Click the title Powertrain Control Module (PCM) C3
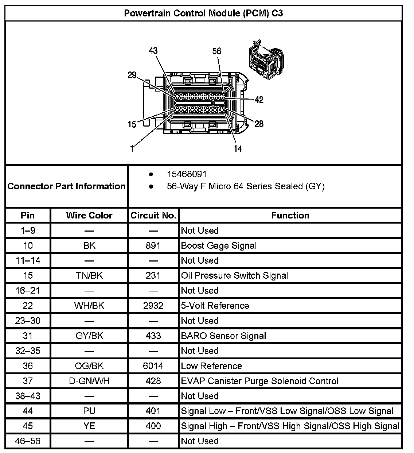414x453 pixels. [x=203, y=13]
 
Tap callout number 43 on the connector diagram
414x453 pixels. [x=153, y=51]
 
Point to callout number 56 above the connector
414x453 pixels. [x=217, y=51]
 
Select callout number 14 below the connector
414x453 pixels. [x=238, y=148]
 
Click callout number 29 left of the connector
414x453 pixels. [x=132, y=75]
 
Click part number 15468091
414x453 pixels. [x=187, y=174]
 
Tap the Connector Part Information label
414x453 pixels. [x=66, y=186]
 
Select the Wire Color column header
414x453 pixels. [x=89, y=216]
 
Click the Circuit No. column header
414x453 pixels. [x=153, y=216]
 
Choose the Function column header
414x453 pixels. [x=290, y=216]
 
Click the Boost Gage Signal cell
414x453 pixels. [x=219, y=246]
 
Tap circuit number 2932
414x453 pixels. [x=153, y=306]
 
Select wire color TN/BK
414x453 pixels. [x=89, y=276]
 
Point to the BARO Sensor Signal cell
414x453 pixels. [x=223, y=336]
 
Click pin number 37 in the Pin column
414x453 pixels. [x=28, y=381]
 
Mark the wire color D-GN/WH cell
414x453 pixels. [x=89, y=381]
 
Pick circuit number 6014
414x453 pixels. [x=153, y=366]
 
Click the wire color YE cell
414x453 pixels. [x=89, y=426]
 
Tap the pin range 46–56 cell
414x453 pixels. [x=28, y=441]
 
